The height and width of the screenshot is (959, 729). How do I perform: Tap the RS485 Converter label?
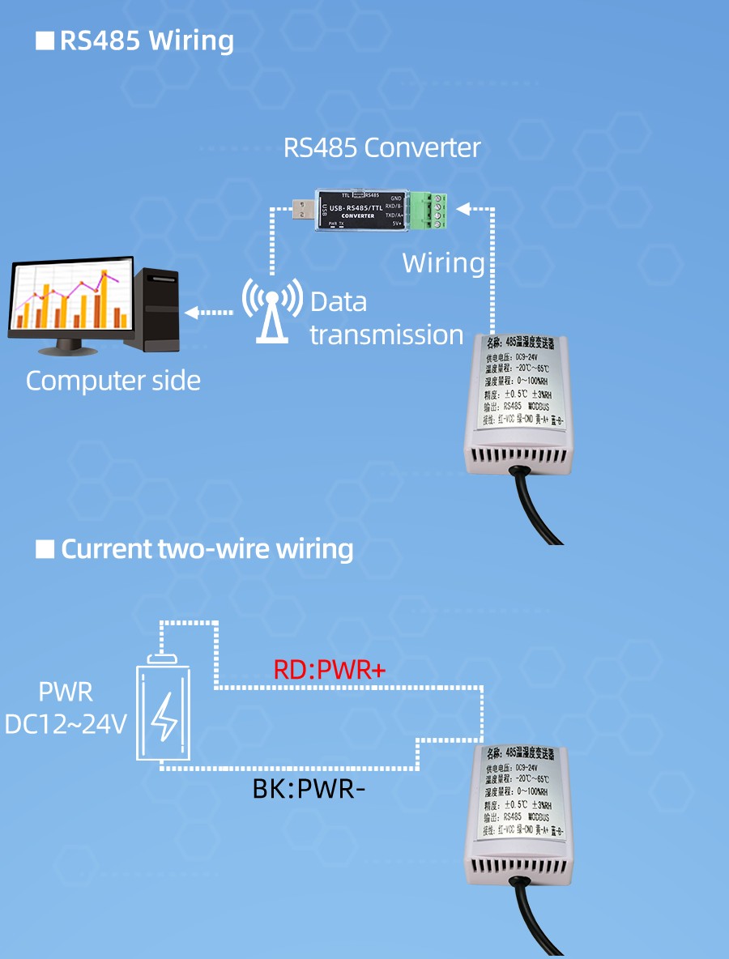point(382,148)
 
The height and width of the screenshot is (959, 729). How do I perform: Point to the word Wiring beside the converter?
point(443,263)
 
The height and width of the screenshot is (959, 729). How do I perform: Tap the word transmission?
point(386,335)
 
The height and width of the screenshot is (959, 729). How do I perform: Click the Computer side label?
point(113,381)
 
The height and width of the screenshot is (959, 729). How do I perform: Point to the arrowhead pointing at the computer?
point(191,312)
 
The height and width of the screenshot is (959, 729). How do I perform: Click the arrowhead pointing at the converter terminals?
point(463,209)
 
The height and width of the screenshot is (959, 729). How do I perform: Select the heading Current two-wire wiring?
point(207,549)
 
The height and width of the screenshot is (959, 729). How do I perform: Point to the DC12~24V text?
point(66,723)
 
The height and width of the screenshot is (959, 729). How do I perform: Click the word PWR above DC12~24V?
point(66,693)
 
